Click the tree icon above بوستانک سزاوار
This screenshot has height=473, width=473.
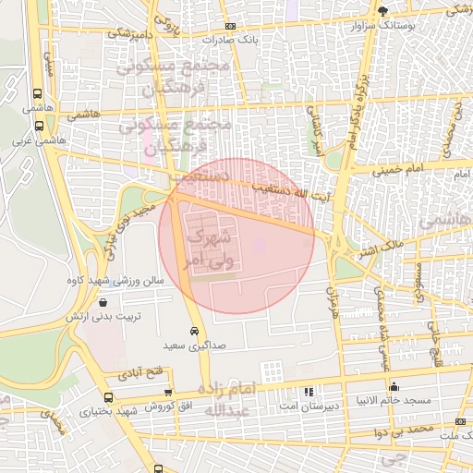pyautogui.click(x=383, y=11)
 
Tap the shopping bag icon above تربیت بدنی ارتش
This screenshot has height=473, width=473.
pyautogui.click(x=102, y=302)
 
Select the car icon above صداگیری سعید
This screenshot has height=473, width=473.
pyautogui.click(x=194, y=331)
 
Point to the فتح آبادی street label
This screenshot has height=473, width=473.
pyautogui.click(x=139, y=374)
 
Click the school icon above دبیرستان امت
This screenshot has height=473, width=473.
pyautogui.click(x=309, y=391)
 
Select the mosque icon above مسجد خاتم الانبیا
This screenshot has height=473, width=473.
pyautogui.click(x=394, y=386)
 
